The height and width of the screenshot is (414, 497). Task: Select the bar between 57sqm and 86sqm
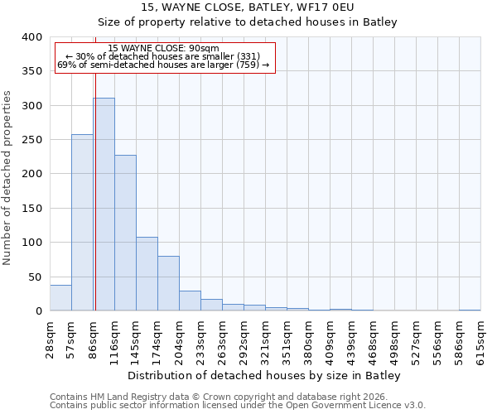(82, 223)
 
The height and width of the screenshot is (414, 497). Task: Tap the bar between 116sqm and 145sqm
(125, 233)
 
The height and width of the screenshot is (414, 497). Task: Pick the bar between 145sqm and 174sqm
(147, 274)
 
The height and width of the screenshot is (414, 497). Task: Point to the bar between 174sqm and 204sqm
(168, 283)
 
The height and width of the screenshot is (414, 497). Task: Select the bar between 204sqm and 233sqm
(190, 301)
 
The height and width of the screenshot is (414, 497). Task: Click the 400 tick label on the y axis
(31, 37)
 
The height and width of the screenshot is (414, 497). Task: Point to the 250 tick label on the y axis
(31, 140)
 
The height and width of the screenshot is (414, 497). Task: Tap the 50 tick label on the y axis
(35, 277)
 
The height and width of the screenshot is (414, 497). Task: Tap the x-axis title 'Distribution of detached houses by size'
(264, 376)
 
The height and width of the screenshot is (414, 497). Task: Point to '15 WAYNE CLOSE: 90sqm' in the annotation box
(164, 49)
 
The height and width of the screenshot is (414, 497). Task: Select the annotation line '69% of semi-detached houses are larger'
(164, 65)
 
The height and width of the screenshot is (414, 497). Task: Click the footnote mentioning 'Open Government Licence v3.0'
(238, 405)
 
